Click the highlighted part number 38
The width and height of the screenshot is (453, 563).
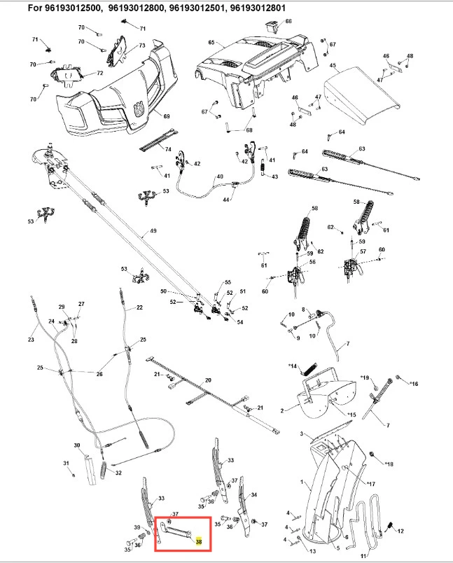pos(199,541)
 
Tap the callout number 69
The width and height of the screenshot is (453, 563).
pos(167,116)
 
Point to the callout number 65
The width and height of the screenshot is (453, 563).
pos(211,43)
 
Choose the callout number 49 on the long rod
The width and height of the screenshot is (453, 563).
pos(153,230)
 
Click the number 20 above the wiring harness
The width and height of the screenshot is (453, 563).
pos(207,380)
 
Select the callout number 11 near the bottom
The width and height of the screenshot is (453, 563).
pos(363,555)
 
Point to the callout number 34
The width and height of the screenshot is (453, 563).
pos(253,495)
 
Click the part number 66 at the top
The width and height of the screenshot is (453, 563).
pos(288,22)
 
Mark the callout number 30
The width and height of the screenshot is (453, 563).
pos(77,445)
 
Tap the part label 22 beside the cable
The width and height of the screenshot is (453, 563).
pos(139,307)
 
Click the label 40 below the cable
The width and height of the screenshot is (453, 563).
pos(200,176)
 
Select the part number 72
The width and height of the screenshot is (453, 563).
pos(99,73)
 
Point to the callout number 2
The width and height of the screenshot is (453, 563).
pos(281,410)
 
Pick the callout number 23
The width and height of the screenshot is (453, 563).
pos(31,340)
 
